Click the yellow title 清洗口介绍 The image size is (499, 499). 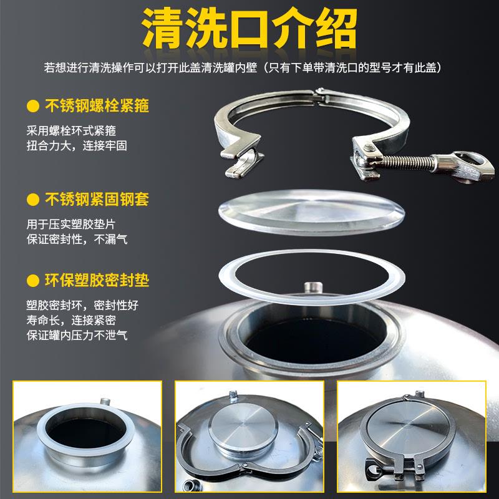pyautogui.click(x=249, y=28)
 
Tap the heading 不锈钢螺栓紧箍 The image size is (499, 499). pyautogui.click(x=97, y=105)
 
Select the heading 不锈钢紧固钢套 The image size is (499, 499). pyautogui.click(x=97, y=200)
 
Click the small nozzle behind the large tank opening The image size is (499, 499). pyautogui.click(x=310, y=288)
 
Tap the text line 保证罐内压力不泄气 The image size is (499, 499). pyautogui.click(x=81, y=335)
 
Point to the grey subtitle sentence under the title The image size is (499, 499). pyautogui.click(x=249, y=67)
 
